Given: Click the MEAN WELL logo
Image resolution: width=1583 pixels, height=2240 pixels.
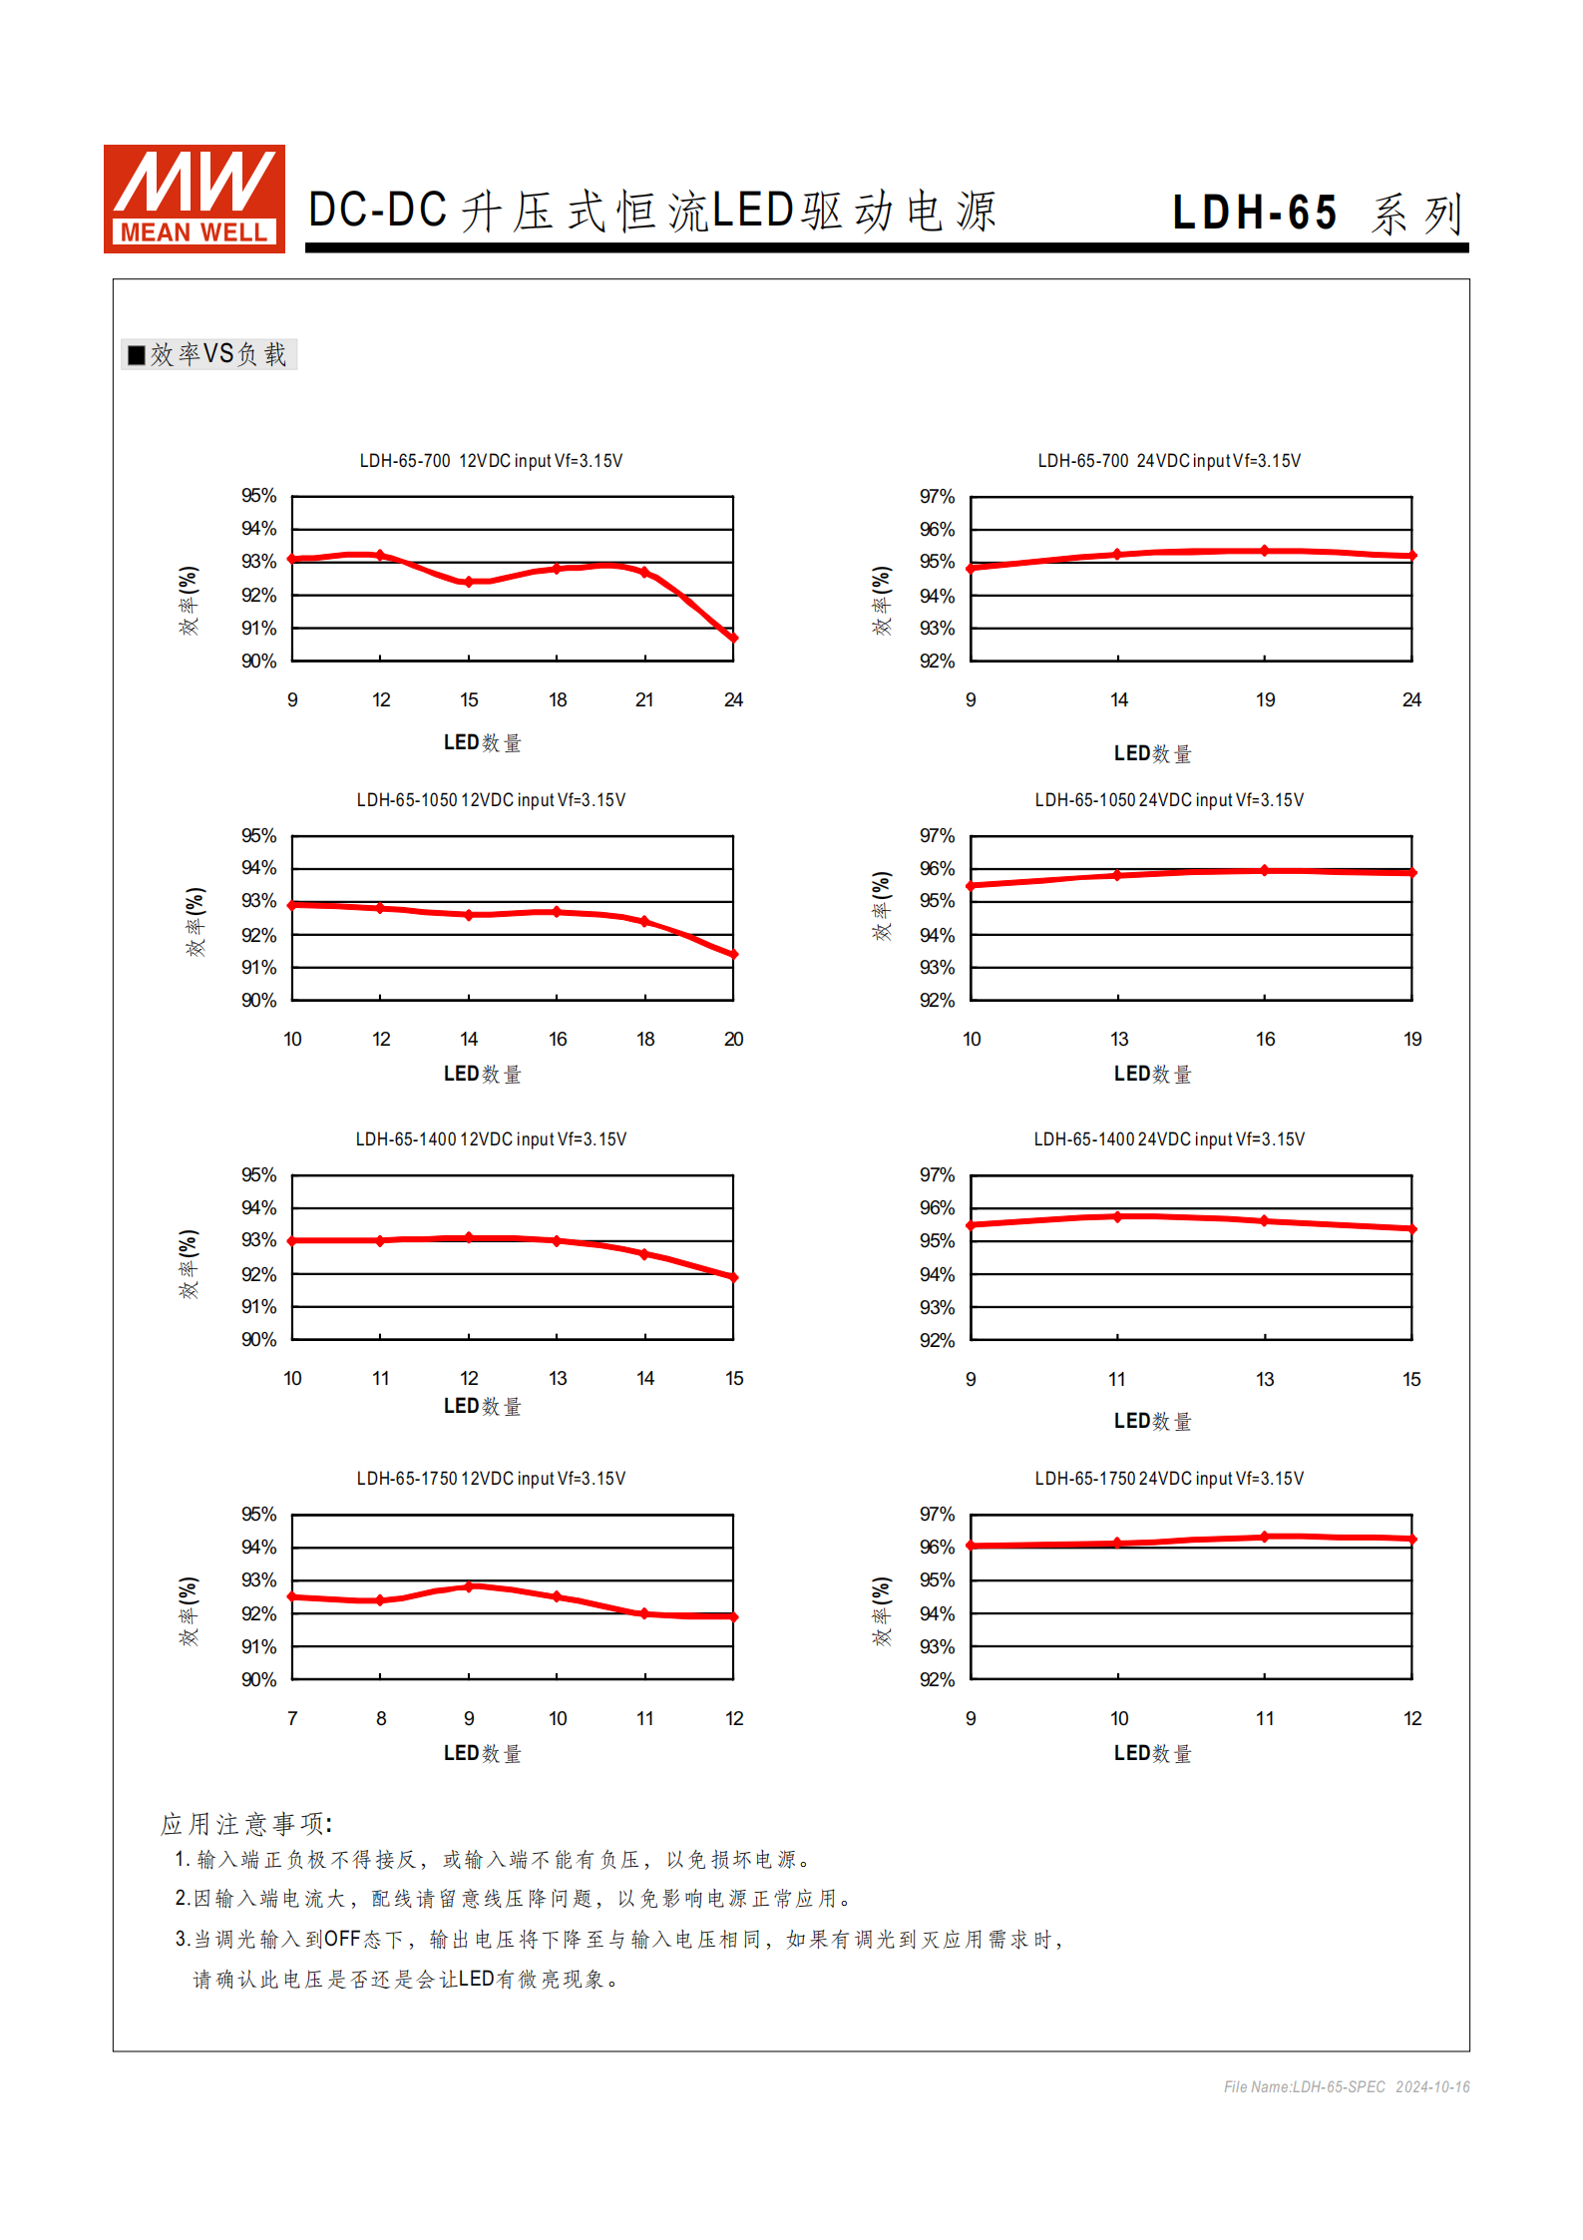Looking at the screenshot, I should (x=194, y=199).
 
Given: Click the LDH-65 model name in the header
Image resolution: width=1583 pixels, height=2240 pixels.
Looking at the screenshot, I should (x=1254, y=213).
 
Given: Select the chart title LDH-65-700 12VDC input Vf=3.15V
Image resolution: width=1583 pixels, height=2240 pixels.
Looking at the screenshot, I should (x=491, y=461).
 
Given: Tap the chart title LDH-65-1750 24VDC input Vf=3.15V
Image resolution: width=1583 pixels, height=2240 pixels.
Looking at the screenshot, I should (x=1168, y=1479).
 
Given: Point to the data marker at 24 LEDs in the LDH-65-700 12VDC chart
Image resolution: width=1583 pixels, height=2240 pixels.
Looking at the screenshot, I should (x=733, y=638).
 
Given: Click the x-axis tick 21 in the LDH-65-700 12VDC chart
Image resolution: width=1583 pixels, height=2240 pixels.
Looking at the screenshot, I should (x=644, y=700).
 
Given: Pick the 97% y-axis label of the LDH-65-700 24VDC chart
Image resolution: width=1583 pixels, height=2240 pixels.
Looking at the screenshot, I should (x=937, y=497).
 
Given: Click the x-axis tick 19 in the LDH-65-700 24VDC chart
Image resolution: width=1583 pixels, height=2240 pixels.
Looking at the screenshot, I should (x=1265, y=700).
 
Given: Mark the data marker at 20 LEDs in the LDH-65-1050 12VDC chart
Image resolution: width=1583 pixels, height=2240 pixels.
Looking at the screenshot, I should (x=733, y=955).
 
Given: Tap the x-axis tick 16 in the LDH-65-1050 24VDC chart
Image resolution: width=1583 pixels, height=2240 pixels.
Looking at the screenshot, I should (x=1265, y=1040).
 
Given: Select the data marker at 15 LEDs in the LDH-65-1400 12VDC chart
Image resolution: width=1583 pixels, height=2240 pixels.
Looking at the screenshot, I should (x=733, y=1277).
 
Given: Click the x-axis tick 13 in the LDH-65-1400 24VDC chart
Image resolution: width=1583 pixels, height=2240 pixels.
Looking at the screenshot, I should (x=1265, y=1380).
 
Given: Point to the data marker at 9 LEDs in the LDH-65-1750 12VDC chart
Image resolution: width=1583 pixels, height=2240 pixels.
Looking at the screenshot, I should (x=469, y=1586).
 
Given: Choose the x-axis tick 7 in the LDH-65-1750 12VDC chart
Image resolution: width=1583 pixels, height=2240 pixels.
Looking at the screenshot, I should (x=292, y=1719).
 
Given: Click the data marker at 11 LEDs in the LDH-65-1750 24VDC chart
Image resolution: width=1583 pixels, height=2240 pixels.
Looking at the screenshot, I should (x=1265, y=1537).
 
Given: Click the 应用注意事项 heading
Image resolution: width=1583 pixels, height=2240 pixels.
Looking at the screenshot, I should (x=245, y=1824).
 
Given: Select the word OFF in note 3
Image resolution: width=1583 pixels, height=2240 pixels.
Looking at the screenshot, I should (x=341, y=1939).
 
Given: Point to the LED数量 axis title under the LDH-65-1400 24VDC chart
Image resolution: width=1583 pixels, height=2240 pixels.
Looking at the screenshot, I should (x=1152, y=1421).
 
